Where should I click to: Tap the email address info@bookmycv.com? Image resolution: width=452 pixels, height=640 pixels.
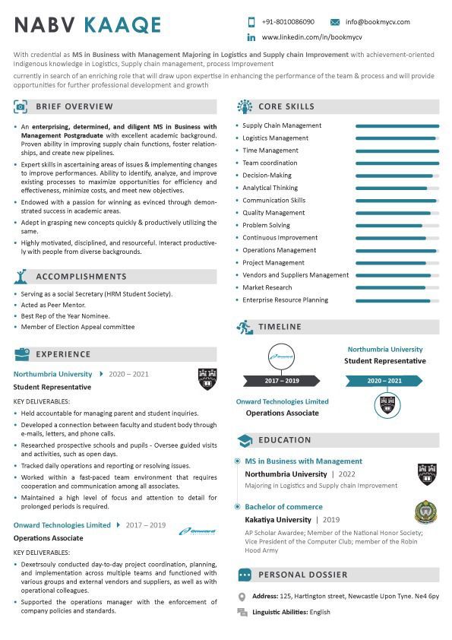click(x=377, y=22)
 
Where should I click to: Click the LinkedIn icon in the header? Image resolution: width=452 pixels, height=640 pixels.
click(x=251, y=37)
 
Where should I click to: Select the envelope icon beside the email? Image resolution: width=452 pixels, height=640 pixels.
click(x=335, y=22)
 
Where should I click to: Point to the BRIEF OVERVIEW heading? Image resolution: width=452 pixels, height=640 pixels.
click(x=74, y=106)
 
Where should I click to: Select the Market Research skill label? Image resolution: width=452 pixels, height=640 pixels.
click(x=267, y=287)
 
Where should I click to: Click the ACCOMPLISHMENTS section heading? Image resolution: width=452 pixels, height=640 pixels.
click(x=81, y=277)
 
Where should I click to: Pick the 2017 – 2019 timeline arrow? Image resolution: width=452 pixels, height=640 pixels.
click(x=282, y=381)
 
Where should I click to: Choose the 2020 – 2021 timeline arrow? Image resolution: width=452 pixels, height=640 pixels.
click(x=385, y=381)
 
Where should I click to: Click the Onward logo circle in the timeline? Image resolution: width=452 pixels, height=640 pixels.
click(x=282, y=356)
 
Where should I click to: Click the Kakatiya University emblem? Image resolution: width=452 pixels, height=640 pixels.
click(x=426, y=514)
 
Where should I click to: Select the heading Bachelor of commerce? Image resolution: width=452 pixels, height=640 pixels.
click(x=283, y=507)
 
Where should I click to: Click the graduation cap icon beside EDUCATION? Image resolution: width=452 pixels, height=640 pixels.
click(x=245, y=440)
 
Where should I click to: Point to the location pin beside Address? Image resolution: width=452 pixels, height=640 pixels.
click(x=242, y=597)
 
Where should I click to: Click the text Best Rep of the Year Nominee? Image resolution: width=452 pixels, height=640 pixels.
click(x=65, y=315)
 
